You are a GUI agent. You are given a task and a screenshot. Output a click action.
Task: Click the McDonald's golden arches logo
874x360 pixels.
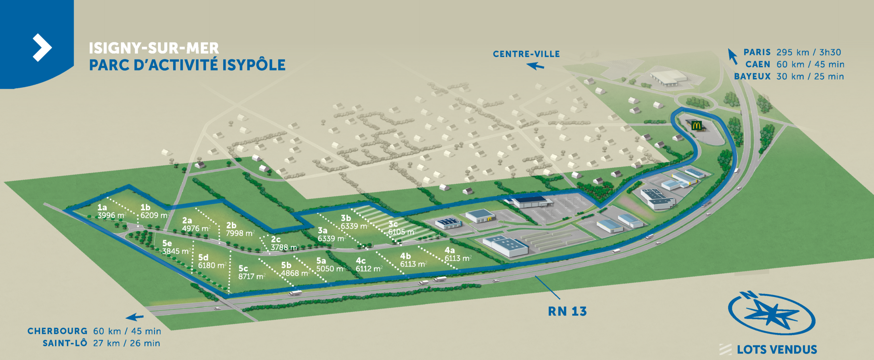point(696,125)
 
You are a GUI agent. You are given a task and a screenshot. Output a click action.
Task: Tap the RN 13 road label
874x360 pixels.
point(567,311)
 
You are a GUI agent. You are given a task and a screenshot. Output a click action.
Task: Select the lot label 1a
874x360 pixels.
point(102,207)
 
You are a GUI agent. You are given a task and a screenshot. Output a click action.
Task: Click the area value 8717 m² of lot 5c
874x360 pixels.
point(252,276)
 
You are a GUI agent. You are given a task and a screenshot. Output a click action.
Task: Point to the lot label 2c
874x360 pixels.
point(276,239)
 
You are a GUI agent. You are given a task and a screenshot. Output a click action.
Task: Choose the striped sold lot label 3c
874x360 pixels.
point(393,224)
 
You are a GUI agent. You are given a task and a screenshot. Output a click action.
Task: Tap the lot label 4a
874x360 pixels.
point(449,250)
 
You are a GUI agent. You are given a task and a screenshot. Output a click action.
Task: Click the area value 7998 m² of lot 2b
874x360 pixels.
point(240,233)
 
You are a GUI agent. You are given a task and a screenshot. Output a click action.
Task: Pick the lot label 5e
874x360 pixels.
point(167,243)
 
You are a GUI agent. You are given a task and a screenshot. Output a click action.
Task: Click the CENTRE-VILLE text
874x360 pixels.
point(526,54)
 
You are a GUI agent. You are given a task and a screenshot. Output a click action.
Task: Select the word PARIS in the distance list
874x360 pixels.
point(757,52)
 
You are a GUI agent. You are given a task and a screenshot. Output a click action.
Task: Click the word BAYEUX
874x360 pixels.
point(752,77)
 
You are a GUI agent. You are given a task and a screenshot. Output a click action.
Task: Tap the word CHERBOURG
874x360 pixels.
point(57,331)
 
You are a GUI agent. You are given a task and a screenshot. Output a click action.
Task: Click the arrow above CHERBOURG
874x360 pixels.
point(135,317)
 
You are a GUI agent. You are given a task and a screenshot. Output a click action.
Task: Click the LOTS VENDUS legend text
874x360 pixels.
point(777,350)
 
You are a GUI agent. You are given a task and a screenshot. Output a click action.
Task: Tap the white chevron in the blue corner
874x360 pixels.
point(42,47)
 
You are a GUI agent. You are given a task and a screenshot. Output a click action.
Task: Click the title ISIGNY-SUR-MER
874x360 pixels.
point(154,48)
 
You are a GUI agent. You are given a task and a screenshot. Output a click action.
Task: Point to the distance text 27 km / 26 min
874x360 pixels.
point(126,343)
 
